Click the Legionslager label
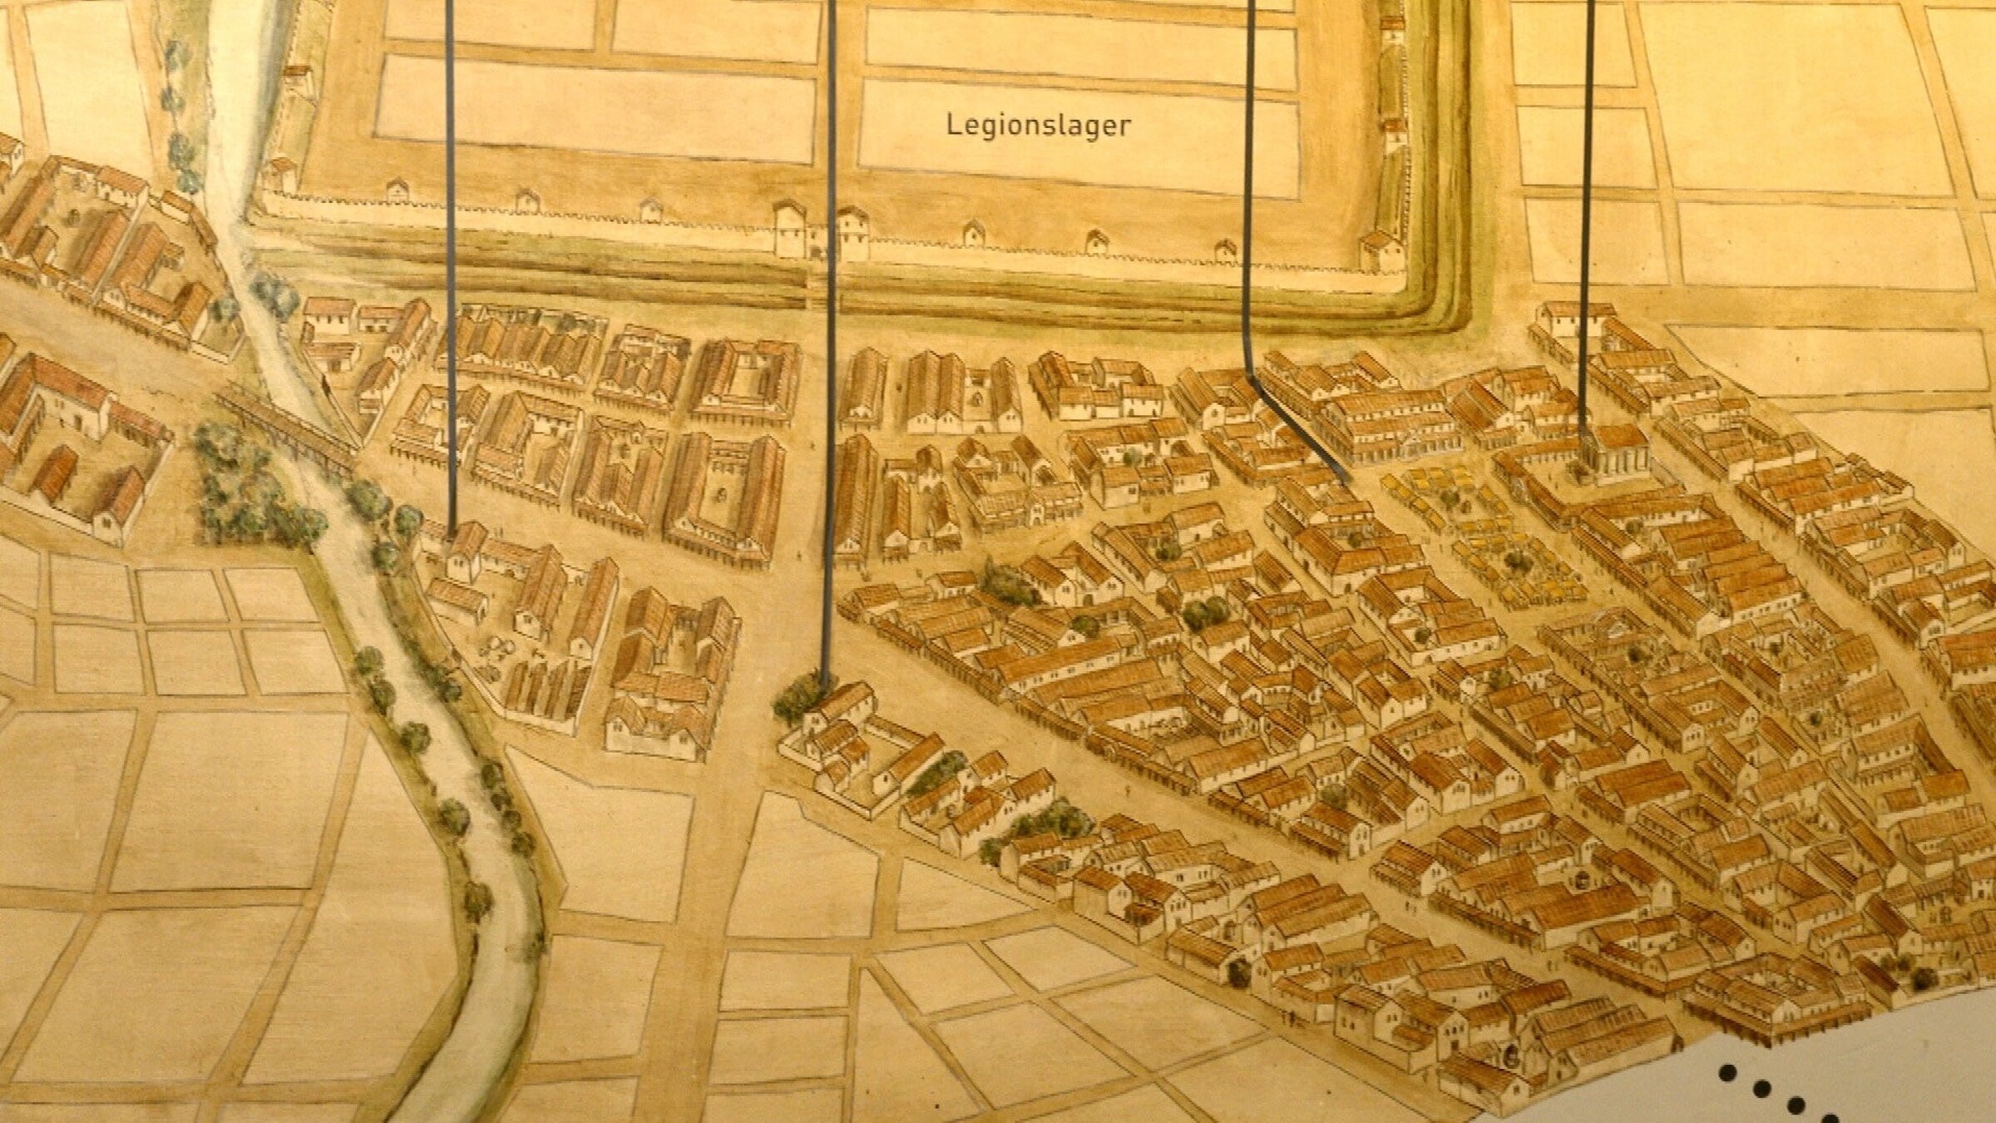point(1039,126)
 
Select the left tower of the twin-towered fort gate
point(789,228)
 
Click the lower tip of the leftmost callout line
point(452,532)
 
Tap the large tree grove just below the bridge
point(249,491)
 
